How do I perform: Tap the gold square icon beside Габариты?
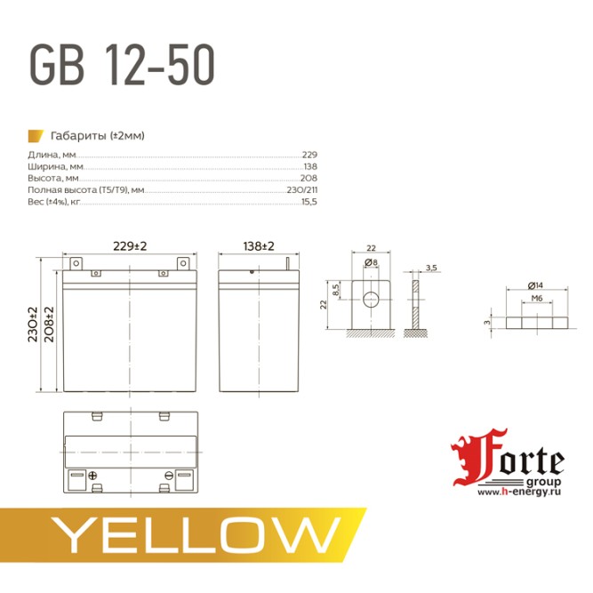click(36, 135)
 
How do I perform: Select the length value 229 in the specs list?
click(309, 155)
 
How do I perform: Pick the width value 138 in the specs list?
click(309, 166)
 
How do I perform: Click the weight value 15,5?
click(309, 202)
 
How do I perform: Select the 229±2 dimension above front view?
click(130, 244)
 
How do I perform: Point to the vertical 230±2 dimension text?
click(33, 324)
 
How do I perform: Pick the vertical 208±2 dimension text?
click(50, 324)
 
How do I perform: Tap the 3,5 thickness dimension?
click(431, 268)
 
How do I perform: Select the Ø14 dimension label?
click(535, 284)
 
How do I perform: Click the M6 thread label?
click(536, 300)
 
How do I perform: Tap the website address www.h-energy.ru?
click(519, 492)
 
